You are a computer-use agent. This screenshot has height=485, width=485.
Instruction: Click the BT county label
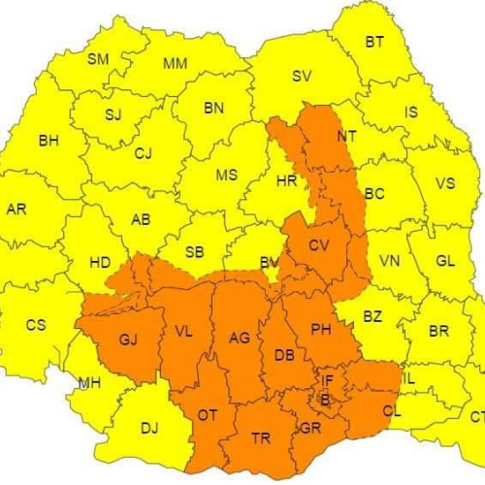coord(374,42)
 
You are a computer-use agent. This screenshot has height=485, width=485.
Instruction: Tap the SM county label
coord(98,59)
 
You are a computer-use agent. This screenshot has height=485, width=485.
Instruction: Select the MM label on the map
coord(175,64)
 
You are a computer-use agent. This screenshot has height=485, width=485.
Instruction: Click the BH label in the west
coord(48,141)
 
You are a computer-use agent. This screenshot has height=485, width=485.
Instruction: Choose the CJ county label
coord(144,152)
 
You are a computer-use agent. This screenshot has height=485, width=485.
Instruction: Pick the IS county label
coord(411,113)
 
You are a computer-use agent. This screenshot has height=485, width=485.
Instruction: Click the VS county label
coord(445,183)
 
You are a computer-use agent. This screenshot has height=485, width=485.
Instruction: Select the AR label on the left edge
coord(16,209)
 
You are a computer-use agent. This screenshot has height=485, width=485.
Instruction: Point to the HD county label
coord(99,262)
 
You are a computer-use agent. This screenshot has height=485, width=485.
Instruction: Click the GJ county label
coord(129,339)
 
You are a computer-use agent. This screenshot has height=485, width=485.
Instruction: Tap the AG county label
coord(239,339)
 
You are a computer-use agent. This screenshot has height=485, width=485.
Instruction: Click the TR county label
coord(261,438)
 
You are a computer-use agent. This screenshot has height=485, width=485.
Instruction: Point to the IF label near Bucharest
coord(328,381)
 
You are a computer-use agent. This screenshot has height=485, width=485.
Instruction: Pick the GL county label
coord(445,261)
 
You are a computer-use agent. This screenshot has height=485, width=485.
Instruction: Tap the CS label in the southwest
coord(36,325)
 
